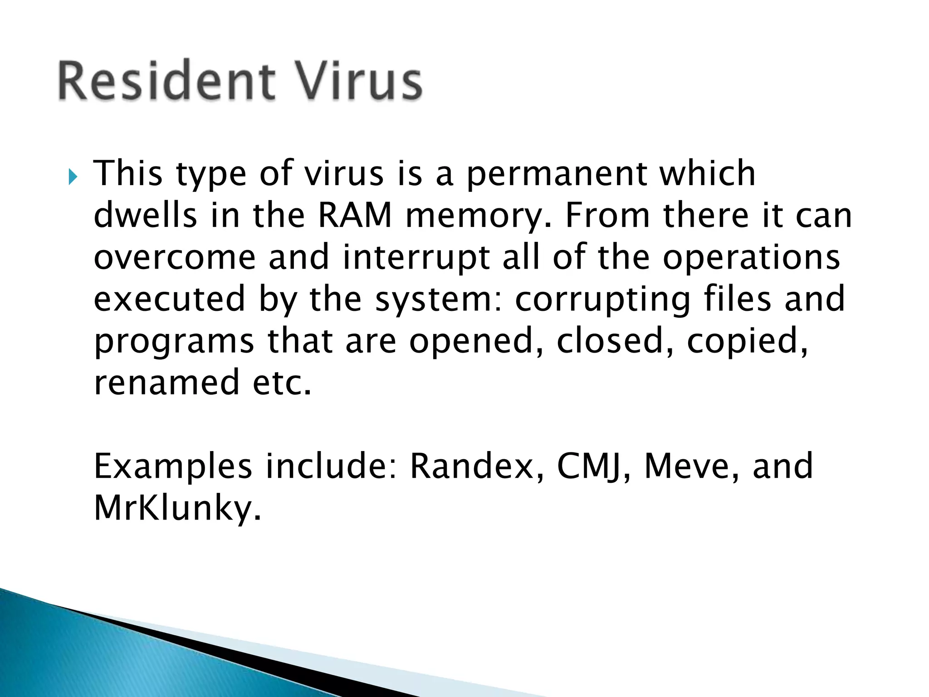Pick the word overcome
coord(175,257)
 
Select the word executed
coord(169,299)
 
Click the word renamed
coord(166,382)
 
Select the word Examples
coord(173,467)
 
